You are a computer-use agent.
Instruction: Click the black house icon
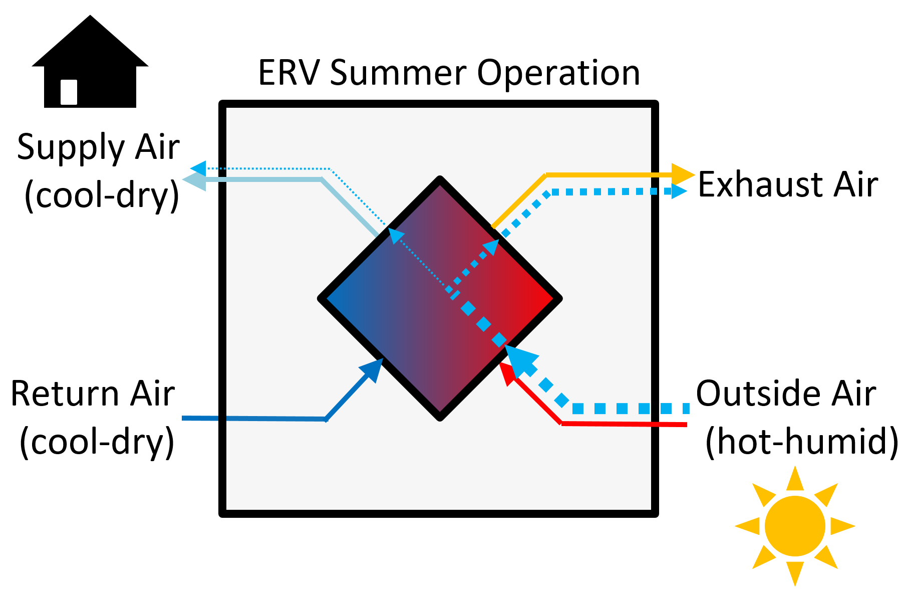90,63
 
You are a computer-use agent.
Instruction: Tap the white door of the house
69,92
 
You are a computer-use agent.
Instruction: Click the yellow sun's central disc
795,526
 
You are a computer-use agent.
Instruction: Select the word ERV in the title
289,73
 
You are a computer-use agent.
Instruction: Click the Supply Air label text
98,147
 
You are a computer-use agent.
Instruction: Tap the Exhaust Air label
788,184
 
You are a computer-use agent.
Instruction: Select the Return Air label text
93,394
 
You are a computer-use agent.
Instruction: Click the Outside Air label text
786,394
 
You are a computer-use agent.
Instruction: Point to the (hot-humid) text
802,441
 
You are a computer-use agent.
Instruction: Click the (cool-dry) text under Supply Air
102,195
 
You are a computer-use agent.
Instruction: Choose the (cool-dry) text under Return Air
97,442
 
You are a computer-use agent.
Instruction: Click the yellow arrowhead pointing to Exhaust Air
683,174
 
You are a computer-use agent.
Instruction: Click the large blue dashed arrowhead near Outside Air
521,360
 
